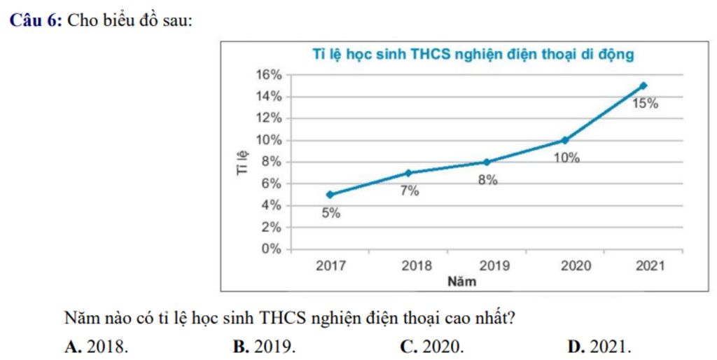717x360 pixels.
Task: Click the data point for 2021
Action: pos(643,85)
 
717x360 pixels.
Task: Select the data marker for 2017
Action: pos(329,195)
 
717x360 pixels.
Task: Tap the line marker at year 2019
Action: pos(486,162)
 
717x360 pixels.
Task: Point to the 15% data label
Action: pos(646,104)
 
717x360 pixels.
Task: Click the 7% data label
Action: pos(410,191)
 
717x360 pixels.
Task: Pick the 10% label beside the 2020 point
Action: pos(566,158)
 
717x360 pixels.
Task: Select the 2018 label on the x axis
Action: pos(417,266)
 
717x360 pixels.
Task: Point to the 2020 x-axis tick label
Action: pos(576,266)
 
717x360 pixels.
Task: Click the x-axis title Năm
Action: pos(462,282)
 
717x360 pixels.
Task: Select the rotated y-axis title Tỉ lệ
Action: pos(242,162)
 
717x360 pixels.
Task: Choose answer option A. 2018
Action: pos(97,346)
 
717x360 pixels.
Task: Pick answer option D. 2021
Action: pos(600,346)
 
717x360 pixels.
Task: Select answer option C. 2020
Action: pos(431,346)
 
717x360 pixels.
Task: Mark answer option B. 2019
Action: pos(264,346)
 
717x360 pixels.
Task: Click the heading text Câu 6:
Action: pos(36,20)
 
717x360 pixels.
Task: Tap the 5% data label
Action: pos(331,214)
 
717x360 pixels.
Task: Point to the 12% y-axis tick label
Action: pos(269,118)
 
